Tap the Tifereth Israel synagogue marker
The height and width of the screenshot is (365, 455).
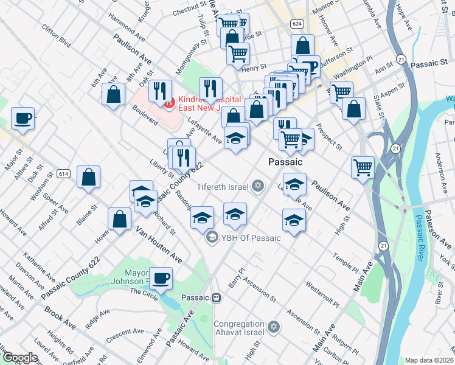point(257,185)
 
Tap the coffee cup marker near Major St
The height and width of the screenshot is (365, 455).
point(23,118)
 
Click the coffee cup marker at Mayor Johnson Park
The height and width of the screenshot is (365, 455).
point(161,278)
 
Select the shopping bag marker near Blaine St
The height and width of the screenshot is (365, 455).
point(88,177)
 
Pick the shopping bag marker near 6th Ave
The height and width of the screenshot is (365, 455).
point(114,94)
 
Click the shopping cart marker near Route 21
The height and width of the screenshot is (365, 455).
point(363,166)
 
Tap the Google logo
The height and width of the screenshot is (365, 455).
point(21,357)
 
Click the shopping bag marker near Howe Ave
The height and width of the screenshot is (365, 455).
point(120,218)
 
